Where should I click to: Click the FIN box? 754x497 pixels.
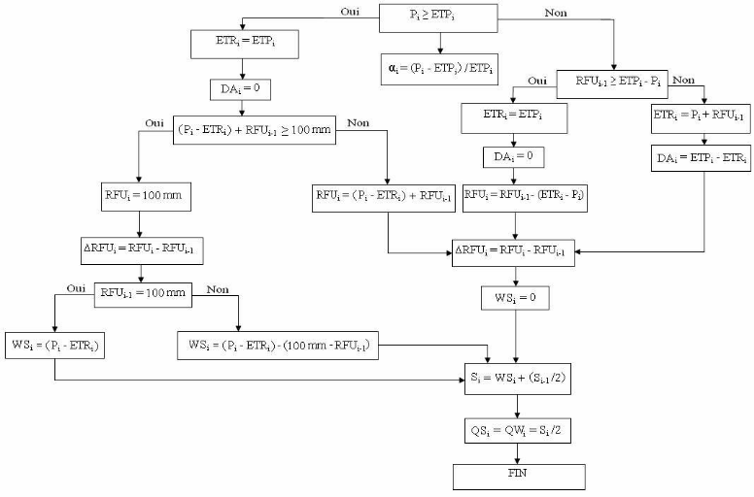coord(519,476)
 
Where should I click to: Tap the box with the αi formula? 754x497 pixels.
coord(439,70)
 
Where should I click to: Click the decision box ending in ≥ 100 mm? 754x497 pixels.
coord(255,129)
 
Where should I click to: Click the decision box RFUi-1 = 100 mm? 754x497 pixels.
coord(142,294)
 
